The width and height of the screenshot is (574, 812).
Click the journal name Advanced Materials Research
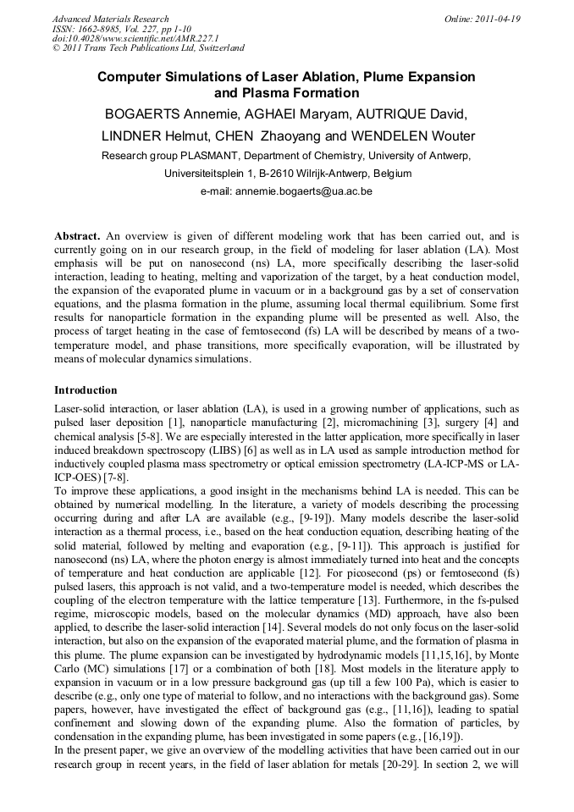110,19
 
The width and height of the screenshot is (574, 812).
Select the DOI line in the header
135,38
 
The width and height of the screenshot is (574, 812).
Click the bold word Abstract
77,235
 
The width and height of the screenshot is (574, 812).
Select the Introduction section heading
86,390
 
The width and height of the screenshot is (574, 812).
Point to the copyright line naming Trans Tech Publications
148,48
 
